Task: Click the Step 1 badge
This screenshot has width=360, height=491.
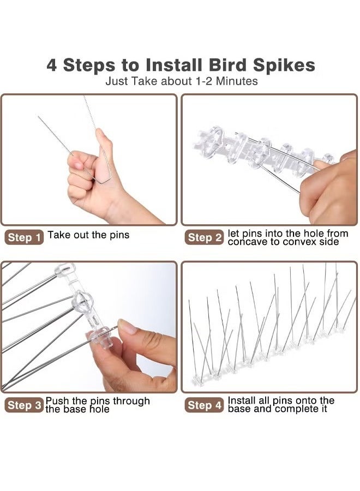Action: (25, 237)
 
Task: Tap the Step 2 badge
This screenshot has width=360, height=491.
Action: (205, 237)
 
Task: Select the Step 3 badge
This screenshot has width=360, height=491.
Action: (25, 405)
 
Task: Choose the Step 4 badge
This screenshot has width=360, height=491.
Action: (205, 405)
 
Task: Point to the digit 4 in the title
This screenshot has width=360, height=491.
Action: (52, 65)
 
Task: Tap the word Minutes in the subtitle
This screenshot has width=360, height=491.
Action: (236, 81)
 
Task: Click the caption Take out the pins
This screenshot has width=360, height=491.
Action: (88, 235)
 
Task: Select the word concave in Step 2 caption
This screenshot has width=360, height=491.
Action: (247, 242)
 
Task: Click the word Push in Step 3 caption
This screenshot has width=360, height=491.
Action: (57, 401)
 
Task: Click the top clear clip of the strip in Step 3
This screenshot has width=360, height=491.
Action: (65, 268)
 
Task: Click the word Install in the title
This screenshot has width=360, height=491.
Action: (175, 65)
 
